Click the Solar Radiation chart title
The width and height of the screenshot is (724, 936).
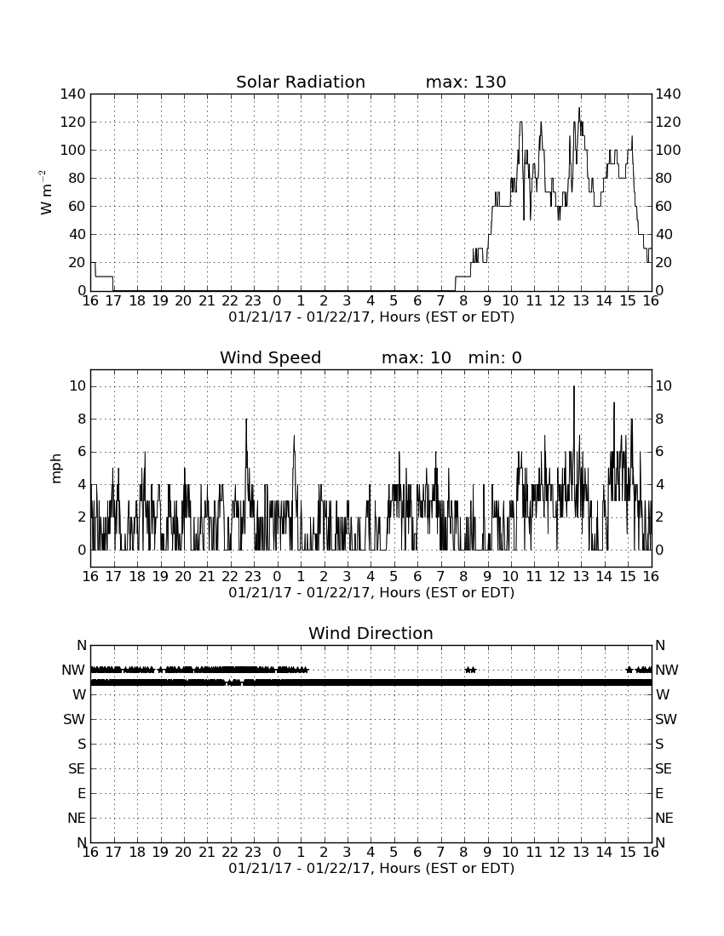tap(301, 82)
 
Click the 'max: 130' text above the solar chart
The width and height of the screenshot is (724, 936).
tap(466, 82)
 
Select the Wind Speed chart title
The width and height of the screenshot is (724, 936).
tap(271, 357)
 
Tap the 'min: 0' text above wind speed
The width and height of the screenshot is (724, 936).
tap(495, 357)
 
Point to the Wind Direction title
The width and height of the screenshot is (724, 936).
tap(371, 633)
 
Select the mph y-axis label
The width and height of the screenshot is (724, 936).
tap(56, 469)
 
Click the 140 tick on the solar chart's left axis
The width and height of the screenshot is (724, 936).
tap(73, 94)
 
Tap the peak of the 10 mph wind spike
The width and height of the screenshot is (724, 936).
tap(574, 387)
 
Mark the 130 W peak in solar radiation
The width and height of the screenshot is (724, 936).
tap(579, 109)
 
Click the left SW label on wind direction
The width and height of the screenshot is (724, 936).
tap(75, 719)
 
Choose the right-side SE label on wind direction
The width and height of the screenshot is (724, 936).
tap(664, 769)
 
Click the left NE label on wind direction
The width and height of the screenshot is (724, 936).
tap(77, 818)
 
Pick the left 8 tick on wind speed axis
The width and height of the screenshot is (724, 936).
tap(82, 419)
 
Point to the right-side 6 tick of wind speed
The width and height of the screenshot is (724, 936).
tap(659, 452)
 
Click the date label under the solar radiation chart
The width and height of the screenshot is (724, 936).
tap(371, 317)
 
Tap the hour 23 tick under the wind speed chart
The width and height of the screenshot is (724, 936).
tap(253, 577)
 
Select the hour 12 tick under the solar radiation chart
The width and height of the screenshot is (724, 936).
tap(557, 301)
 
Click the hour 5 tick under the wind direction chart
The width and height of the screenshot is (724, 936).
tap(394, 853)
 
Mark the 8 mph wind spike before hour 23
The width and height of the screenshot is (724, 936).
tap(246, 419)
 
